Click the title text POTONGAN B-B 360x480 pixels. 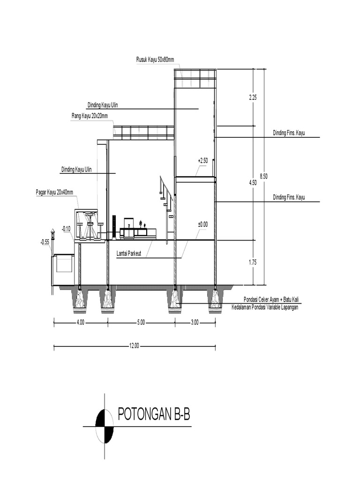(153, 415)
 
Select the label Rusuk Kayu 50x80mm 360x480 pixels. (155, 60)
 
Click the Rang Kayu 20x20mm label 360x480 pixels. (90, 116)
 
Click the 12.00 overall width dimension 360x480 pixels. (134, 346)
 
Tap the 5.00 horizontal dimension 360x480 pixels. (141, 322)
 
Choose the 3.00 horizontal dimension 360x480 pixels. (195, 322)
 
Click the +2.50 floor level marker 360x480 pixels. (202, 161)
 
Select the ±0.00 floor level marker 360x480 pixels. (202, 225)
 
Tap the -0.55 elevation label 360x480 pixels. (45, 242)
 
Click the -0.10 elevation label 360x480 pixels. (66, 229)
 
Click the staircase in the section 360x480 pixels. (166, 197)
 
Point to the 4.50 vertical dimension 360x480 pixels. (253, 183)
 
